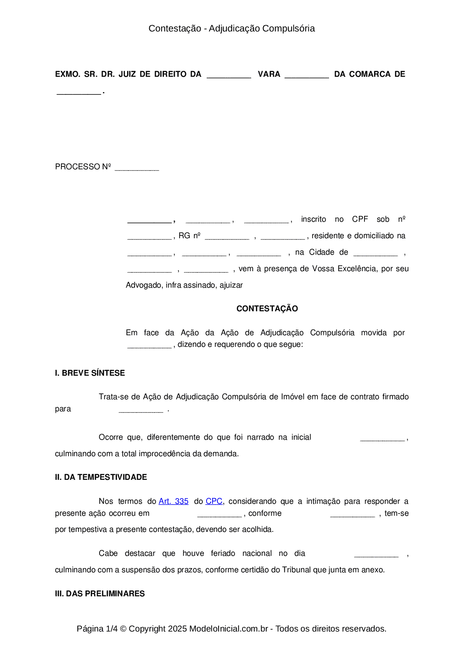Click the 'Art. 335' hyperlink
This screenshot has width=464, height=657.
(x=173, y=501)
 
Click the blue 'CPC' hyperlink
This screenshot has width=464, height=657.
(x=214, y=501)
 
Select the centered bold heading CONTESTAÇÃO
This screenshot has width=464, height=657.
(x=267, y=309)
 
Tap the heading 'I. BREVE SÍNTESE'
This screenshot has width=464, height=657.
(x=90, y=373)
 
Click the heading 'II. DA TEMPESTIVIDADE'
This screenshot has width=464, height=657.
(x=101, y=477)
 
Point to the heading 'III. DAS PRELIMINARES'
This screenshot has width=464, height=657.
(x=100, y=594)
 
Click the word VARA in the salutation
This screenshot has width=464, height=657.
(x=269, y=74)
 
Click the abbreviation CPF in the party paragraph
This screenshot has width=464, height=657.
(x=360, y=219)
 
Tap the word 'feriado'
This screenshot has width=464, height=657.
(x=223, y=553)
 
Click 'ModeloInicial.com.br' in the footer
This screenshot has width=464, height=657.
(x=229, y=629)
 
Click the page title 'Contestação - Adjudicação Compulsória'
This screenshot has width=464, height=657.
(x=232, y=28)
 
